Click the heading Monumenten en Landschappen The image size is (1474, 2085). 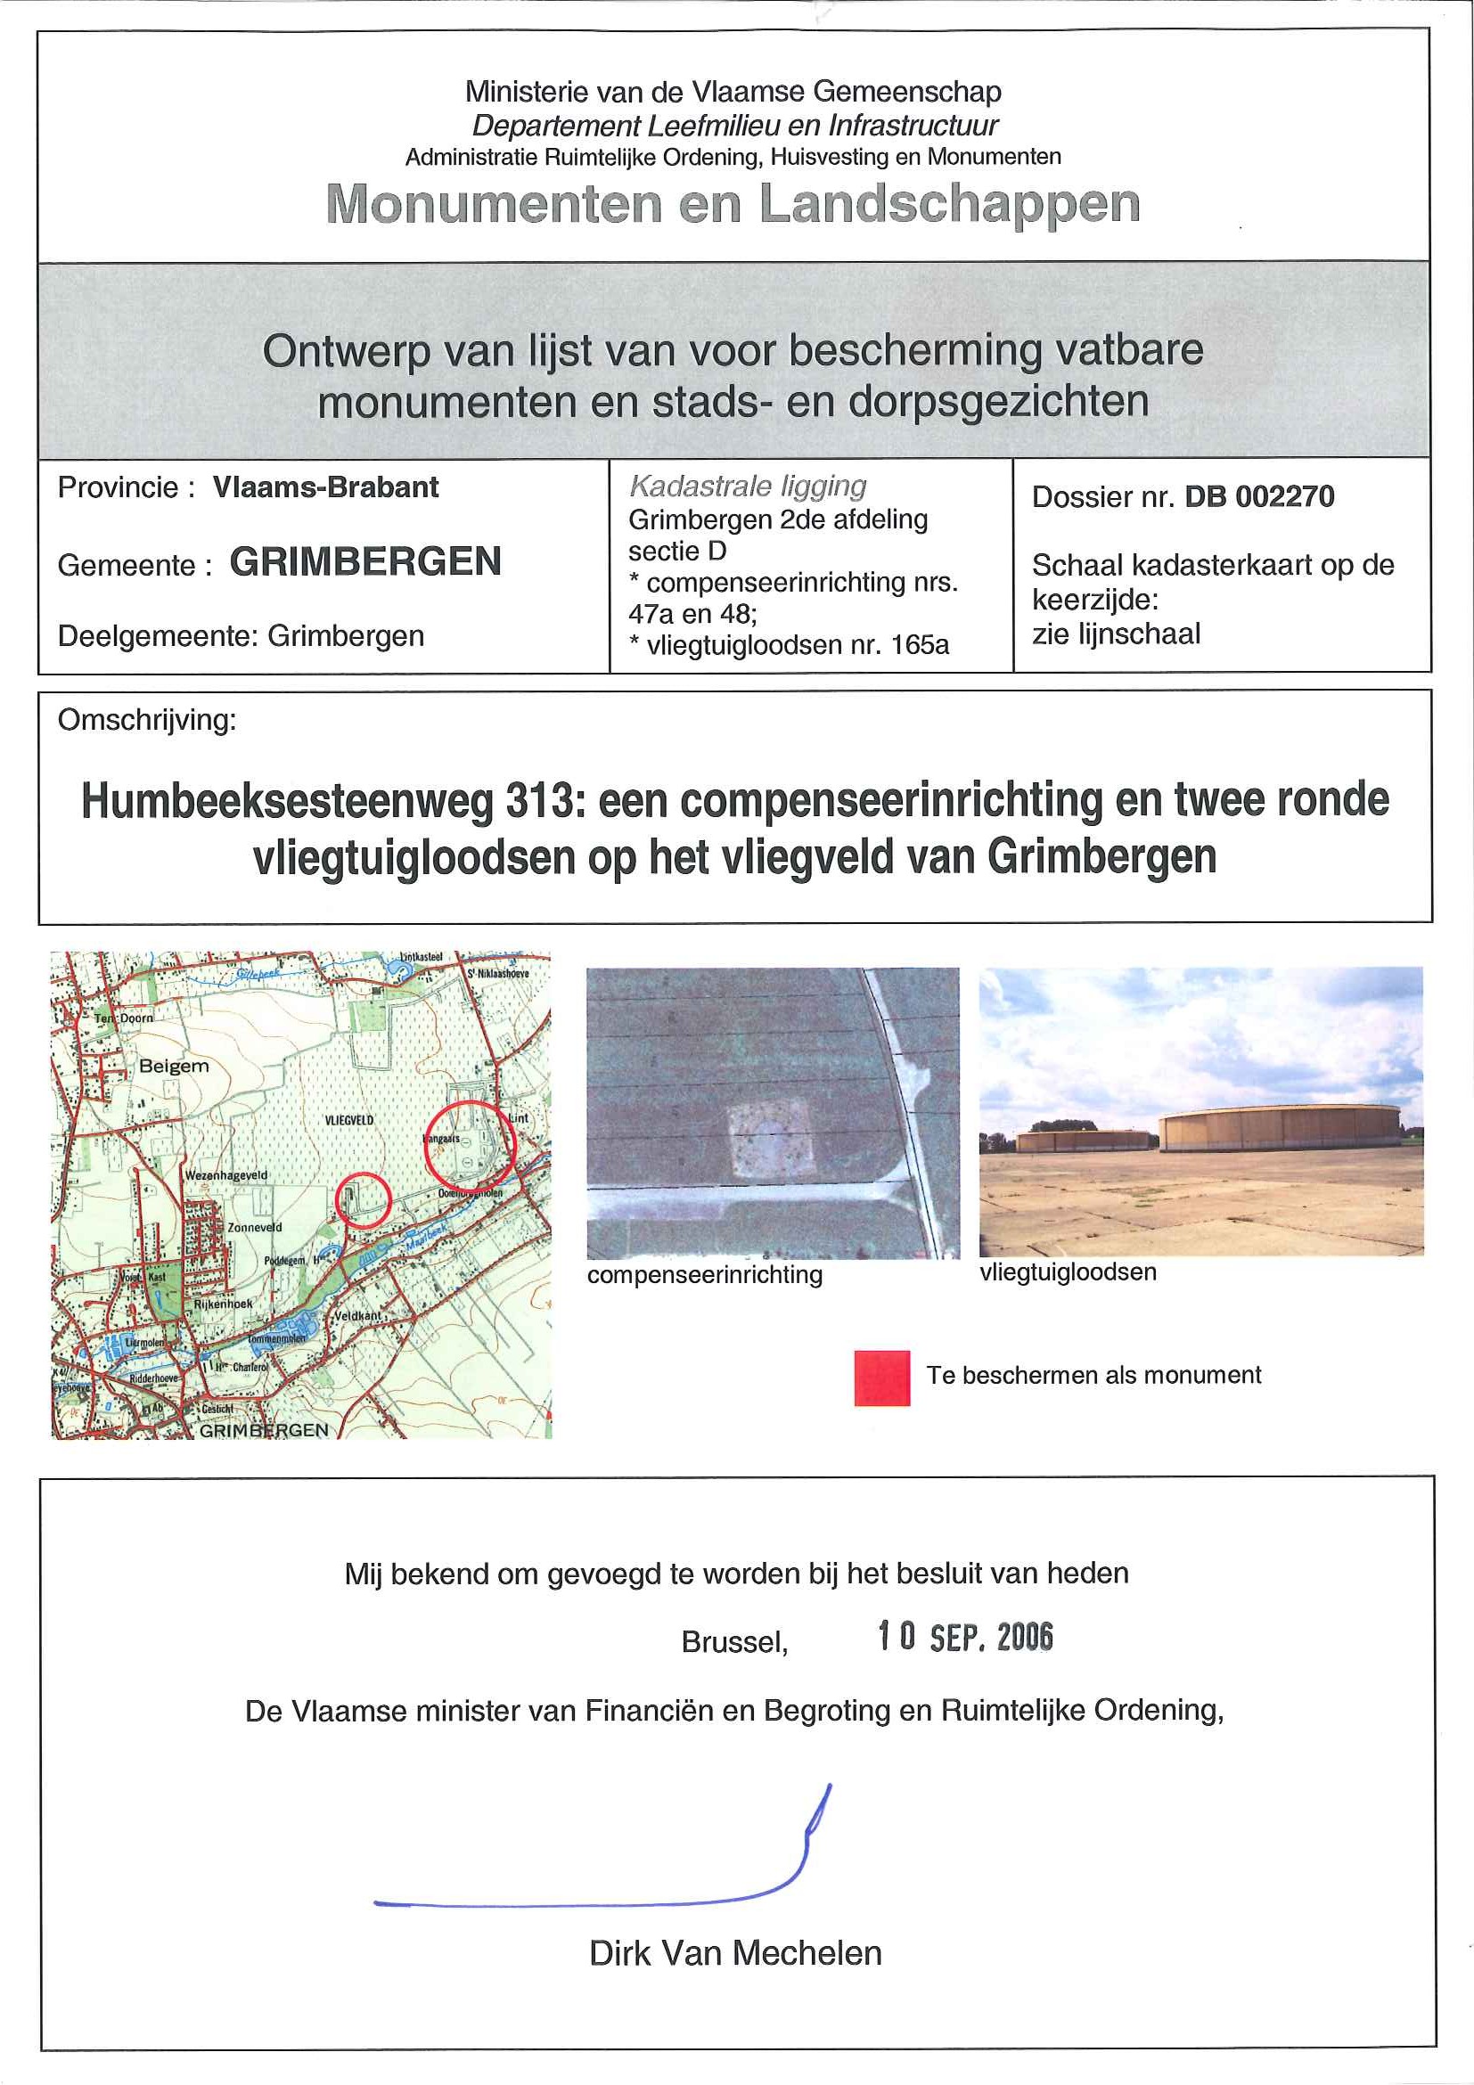(x=733, y=203)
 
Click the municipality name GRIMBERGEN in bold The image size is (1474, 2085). (x=365, y=562)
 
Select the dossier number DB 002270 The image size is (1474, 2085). (x=1259, y=496)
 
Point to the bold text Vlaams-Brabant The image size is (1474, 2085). (x=325, y=487)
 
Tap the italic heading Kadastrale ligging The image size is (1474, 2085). (x=748, y=487)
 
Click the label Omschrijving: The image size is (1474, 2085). (x=146, y=720)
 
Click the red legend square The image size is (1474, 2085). (x=881, y=1378)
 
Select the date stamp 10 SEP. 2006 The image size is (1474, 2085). (x=964, y=1638)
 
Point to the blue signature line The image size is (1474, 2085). (x=600, y=1902)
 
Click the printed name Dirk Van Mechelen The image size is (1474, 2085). (x=734, y=1953)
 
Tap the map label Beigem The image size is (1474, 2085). (x=174, y=1066)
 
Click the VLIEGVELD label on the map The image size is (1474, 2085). (x=348, y=1121)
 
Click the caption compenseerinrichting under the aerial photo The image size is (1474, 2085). (x=705, y=1275)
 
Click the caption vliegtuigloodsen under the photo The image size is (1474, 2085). (x=1068, y=1272)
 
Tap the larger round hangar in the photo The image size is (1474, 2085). (x=1281, y=1127)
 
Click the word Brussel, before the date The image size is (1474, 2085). (x=733, y=1642)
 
